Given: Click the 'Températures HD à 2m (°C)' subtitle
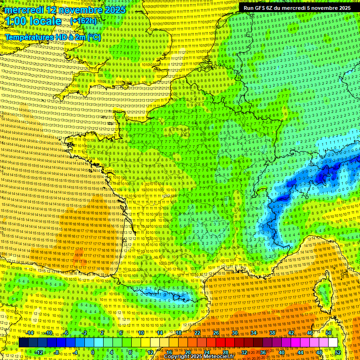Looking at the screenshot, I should tap(52, 37).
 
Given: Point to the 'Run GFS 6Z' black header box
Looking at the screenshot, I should tap(297, 8).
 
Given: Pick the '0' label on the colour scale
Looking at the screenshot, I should tap(93, 352).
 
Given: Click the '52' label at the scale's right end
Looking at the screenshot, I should tap(338, 352).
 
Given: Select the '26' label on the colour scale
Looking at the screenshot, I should tap(216, 332).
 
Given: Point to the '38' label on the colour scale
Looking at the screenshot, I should tap(272, 332).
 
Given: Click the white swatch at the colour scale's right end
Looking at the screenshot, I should tap(333, 342).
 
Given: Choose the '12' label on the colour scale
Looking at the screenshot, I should tap(150, 352).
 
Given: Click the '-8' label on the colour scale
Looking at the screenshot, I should tap(56, 352).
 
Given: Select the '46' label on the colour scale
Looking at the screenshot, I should tap(310, 332).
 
